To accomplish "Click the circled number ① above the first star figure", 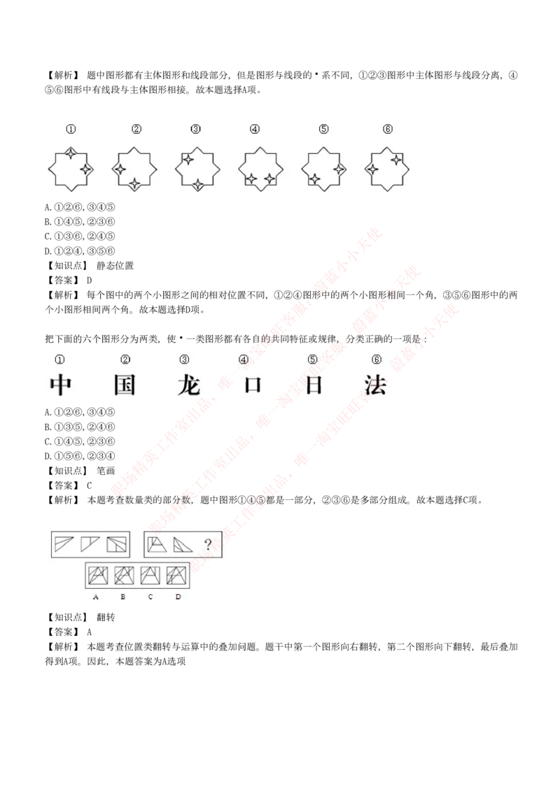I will click(71, 129).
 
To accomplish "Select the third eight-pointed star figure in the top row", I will click(197, 168).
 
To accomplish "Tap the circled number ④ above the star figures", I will click(255, 129).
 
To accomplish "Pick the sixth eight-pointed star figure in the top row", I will click(387, 168).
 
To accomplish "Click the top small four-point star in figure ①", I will click(71, 152).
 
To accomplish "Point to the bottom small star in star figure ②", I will click(135, 184).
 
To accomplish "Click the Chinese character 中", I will click(61, 385).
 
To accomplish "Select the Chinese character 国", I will click(125, 385).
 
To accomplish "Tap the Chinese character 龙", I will click(188, 385).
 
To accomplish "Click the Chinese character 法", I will click(375, 385).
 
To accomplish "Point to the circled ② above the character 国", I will click(125, 359).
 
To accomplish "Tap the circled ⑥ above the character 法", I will click(377, 359).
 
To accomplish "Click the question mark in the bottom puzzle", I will click(207, 544).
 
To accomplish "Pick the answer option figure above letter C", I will click(150, 575).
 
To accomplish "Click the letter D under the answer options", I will click(178, 597).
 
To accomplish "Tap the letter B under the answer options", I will click(122, 597).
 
